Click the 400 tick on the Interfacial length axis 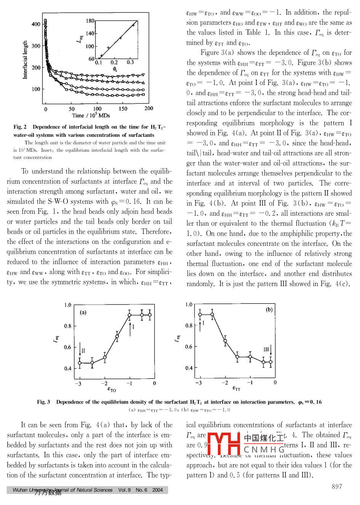coord(36,24)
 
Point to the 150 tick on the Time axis coord(123,109)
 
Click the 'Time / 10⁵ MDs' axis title coord(91,115)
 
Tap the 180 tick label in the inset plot coord(90,21)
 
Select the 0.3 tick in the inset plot coord(130,62)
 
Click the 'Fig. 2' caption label coord(20,127)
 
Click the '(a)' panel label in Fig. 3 coord(83,313)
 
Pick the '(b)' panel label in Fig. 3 coord(269,309)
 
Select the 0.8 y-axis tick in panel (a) coord(68,326)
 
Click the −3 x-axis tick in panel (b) coord(198,383)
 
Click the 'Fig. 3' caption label coord(43,402)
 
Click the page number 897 coord(337,487)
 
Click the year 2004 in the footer coord(157,490)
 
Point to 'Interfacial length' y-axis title coord(26,60)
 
